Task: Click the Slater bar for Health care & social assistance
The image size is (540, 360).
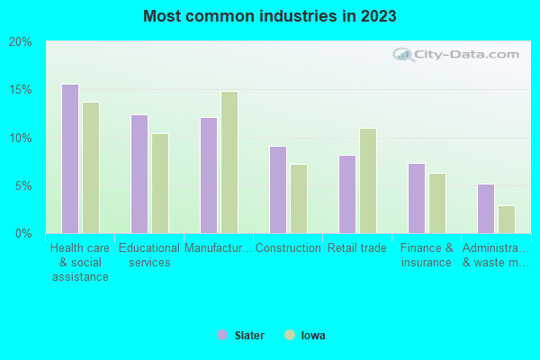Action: (70, 158)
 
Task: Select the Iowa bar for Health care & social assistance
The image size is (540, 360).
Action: (91, 167)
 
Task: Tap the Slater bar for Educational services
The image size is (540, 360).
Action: (139, 174)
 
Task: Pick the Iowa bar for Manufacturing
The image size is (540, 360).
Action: (229, 162)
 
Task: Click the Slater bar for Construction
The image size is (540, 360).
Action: (278, 189)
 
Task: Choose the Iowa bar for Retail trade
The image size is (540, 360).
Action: (368, 180)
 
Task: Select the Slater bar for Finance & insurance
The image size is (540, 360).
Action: (417, 198)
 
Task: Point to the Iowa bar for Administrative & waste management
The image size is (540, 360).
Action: (507, 219)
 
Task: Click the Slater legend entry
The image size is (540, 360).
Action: (241, 336)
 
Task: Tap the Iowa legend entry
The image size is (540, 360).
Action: (306, 336)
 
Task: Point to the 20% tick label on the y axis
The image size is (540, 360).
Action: (21, 42)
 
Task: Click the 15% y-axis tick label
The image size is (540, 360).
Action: (21, 90)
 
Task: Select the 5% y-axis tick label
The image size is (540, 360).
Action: (23, 186)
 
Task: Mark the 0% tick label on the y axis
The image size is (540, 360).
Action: (23, 234)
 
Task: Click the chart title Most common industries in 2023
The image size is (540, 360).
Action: (270, 16)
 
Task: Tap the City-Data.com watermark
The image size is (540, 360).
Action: (458, 54)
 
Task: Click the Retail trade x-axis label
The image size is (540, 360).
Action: (357, 248)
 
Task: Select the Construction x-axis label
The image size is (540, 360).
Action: (288, 248)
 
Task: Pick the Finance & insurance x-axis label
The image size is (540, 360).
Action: (427, 256)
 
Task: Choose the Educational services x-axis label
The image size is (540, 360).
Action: (149, 256)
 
